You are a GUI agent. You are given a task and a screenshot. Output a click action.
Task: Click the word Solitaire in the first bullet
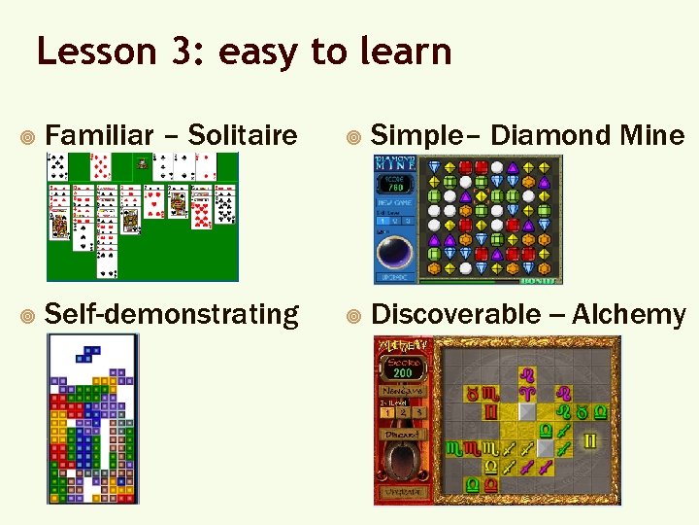click(242, 135)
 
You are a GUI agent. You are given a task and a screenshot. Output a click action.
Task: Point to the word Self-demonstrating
click(172, 314)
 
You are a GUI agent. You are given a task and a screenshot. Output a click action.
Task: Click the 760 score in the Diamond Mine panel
click(396, 187)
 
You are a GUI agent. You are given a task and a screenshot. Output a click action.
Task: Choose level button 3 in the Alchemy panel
click(419, 412)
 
